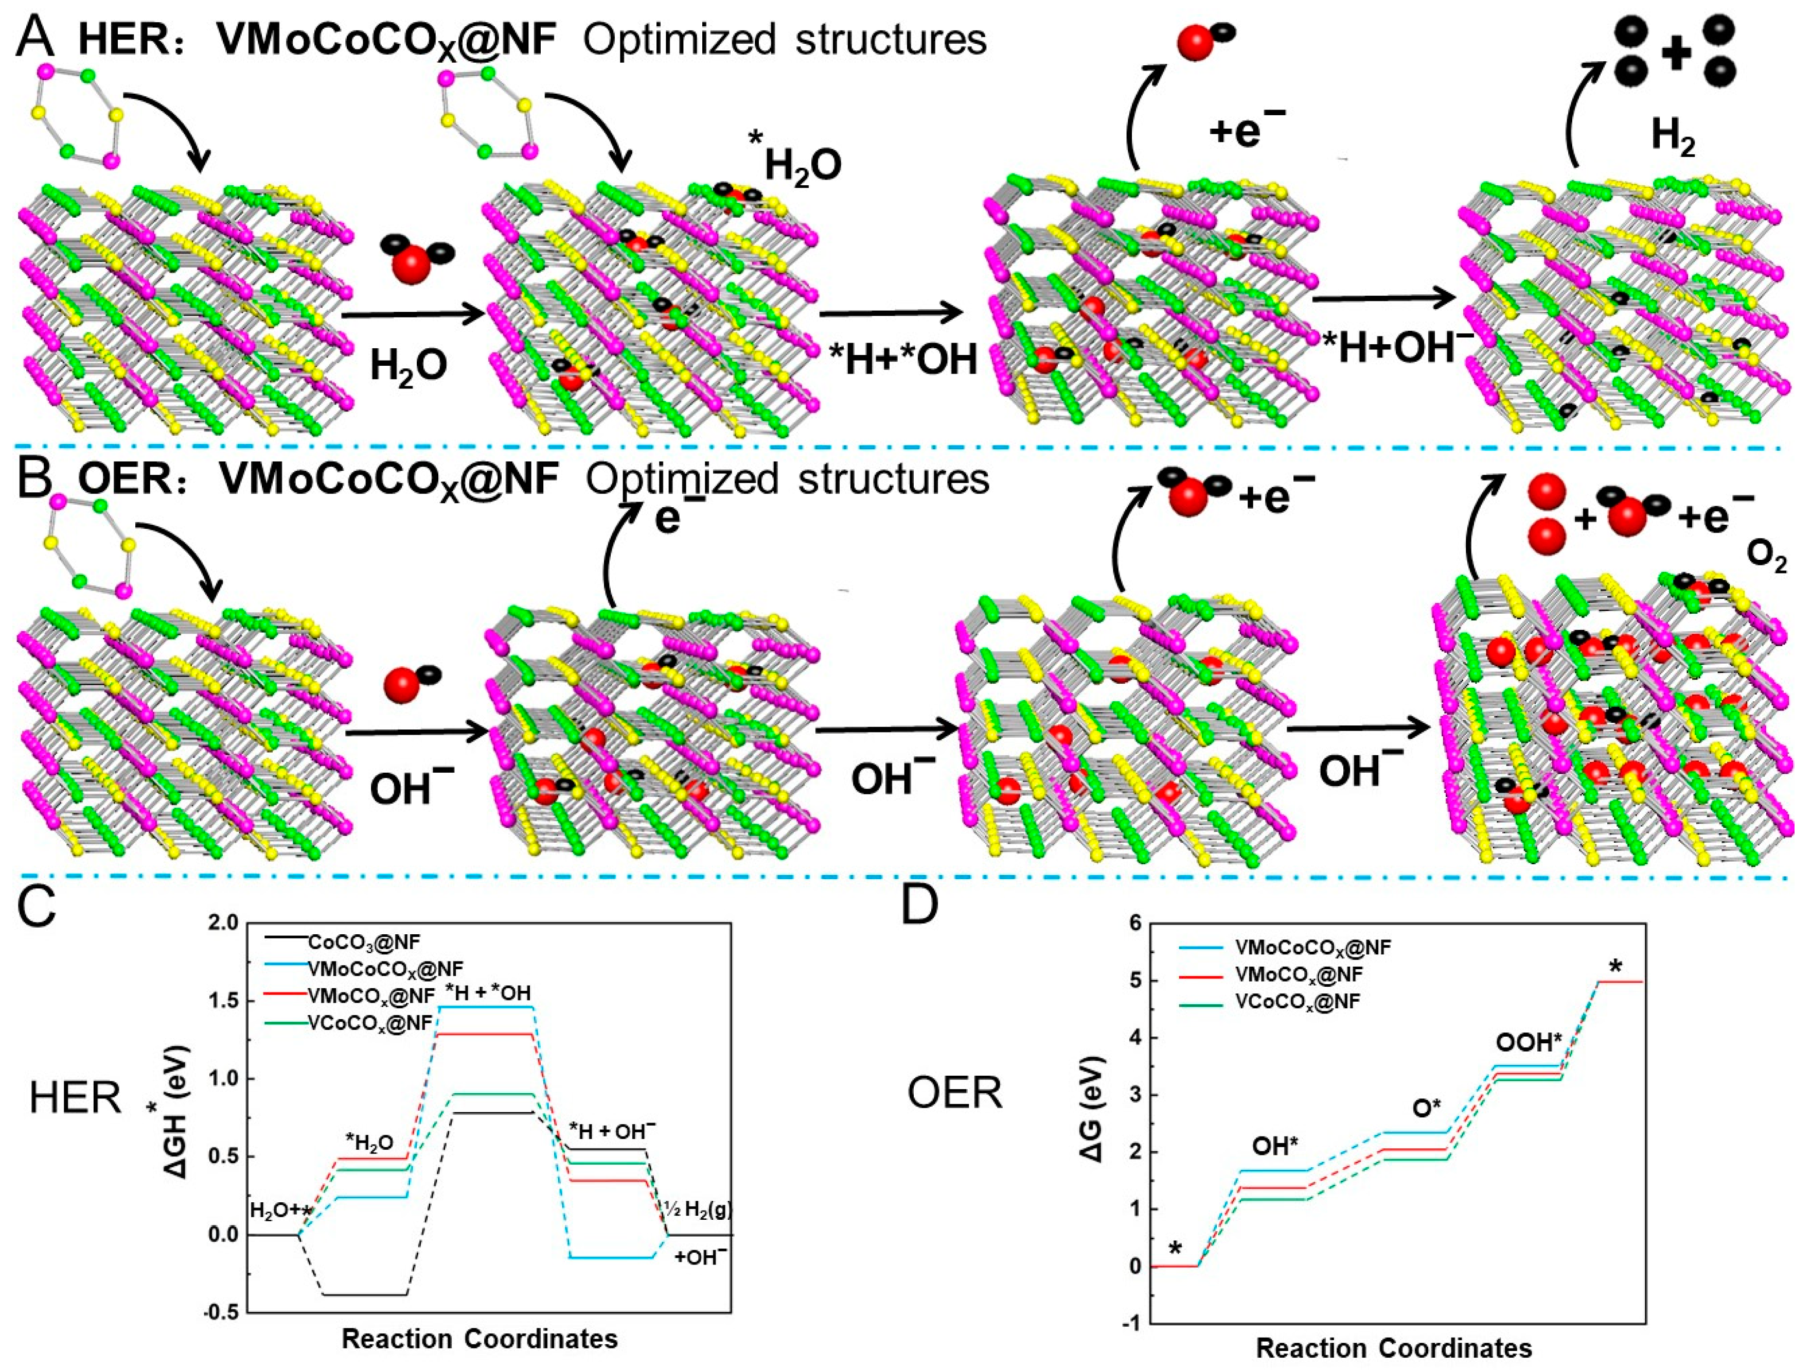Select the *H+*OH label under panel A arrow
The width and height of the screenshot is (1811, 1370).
coord(903,360)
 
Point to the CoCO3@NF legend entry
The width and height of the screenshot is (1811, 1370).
coord(364,942)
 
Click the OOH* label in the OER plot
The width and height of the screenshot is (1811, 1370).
coord(1529,1042)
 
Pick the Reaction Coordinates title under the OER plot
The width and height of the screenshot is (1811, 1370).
coord(1393,1348)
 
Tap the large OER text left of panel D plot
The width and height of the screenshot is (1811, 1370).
coord(954,1094)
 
